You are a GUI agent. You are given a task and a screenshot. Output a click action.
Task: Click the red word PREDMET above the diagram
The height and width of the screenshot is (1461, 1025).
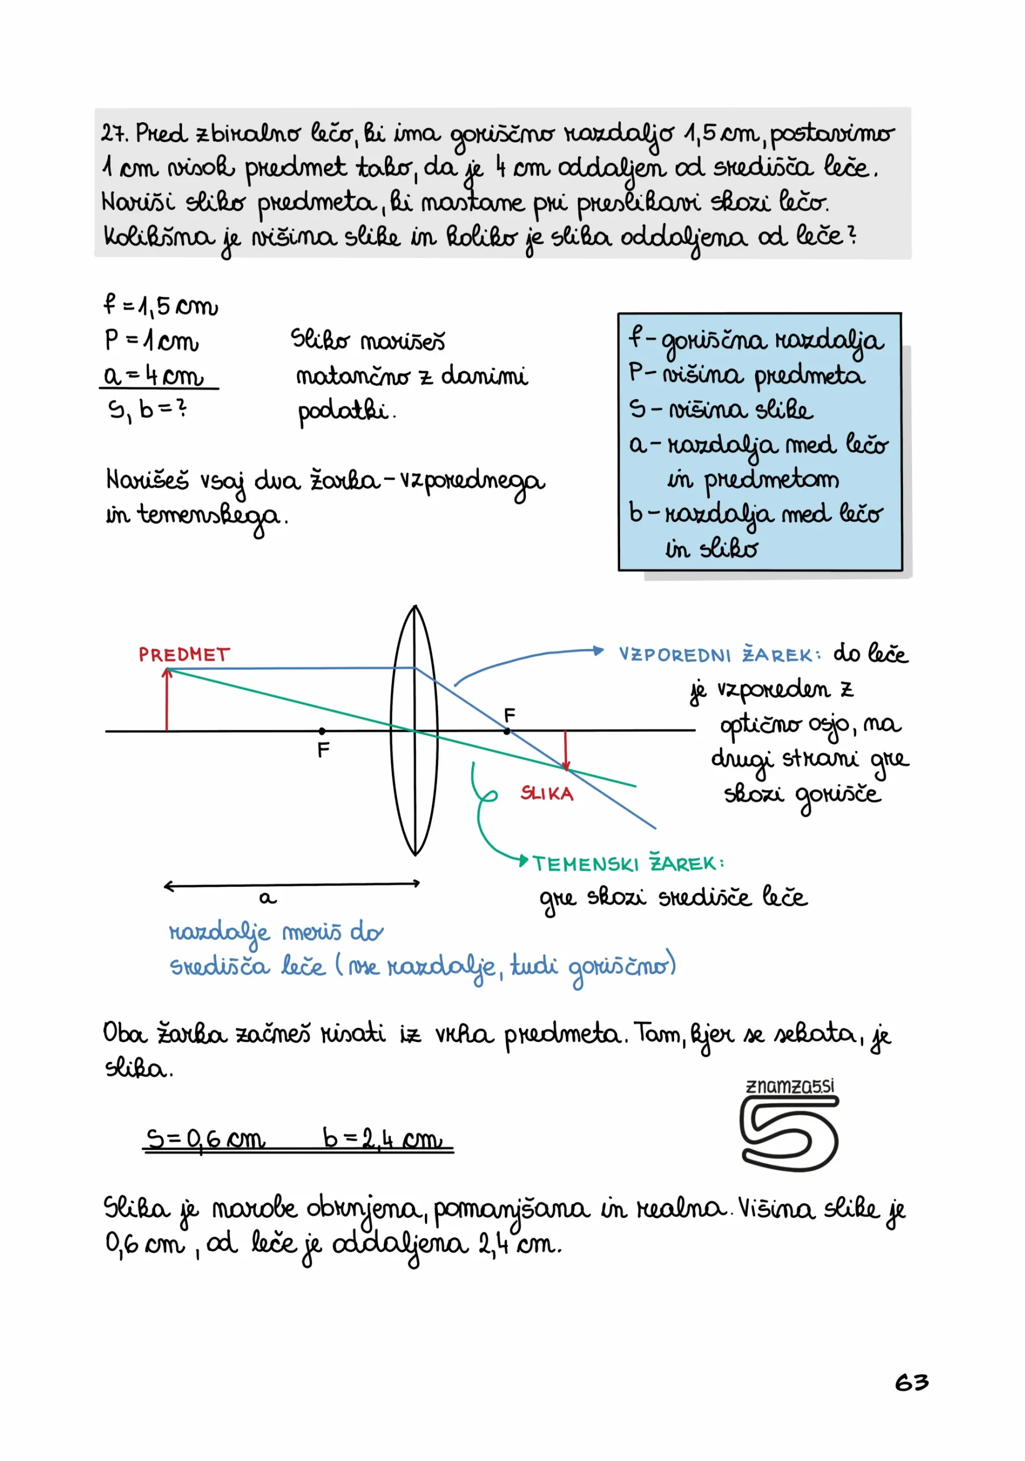pos(184,655)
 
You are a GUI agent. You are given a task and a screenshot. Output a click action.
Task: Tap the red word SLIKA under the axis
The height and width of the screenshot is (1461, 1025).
pos(547,793)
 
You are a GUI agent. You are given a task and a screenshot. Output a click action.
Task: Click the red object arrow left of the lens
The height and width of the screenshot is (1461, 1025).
pos(167,699)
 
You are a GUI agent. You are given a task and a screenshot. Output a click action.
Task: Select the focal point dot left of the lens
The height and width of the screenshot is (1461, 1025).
pos(322,731)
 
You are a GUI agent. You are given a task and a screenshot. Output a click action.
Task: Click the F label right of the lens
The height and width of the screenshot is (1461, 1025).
pos(509,715)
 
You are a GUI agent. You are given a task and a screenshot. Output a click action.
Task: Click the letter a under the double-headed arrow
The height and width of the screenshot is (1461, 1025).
pos(268,898)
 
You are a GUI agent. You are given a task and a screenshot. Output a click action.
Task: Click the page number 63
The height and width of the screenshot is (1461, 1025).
pos(911,1382)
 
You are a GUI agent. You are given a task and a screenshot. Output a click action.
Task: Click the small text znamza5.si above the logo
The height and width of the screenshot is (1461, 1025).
pos(790,1086)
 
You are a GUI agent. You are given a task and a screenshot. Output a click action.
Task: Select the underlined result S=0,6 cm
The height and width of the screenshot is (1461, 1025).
pos(205,1139)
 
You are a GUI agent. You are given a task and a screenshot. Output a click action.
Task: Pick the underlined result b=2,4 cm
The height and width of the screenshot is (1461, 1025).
pos(382,1139)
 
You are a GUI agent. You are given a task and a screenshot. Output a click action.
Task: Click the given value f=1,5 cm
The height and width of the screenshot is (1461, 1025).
pos(161,306)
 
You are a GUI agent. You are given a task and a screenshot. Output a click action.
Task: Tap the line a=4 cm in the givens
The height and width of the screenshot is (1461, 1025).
pos(153,376)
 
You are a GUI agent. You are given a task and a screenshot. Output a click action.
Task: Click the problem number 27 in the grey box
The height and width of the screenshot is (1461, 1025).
pos(114,134)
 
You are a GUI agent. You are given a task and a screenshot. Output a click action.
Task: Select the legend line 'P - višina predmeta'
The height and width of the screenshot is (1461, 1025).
pos(747,375)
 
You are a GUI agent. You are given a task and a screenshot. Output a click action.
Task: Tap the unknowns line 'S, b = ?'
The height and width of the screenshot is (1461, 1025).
pos(148,410)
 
